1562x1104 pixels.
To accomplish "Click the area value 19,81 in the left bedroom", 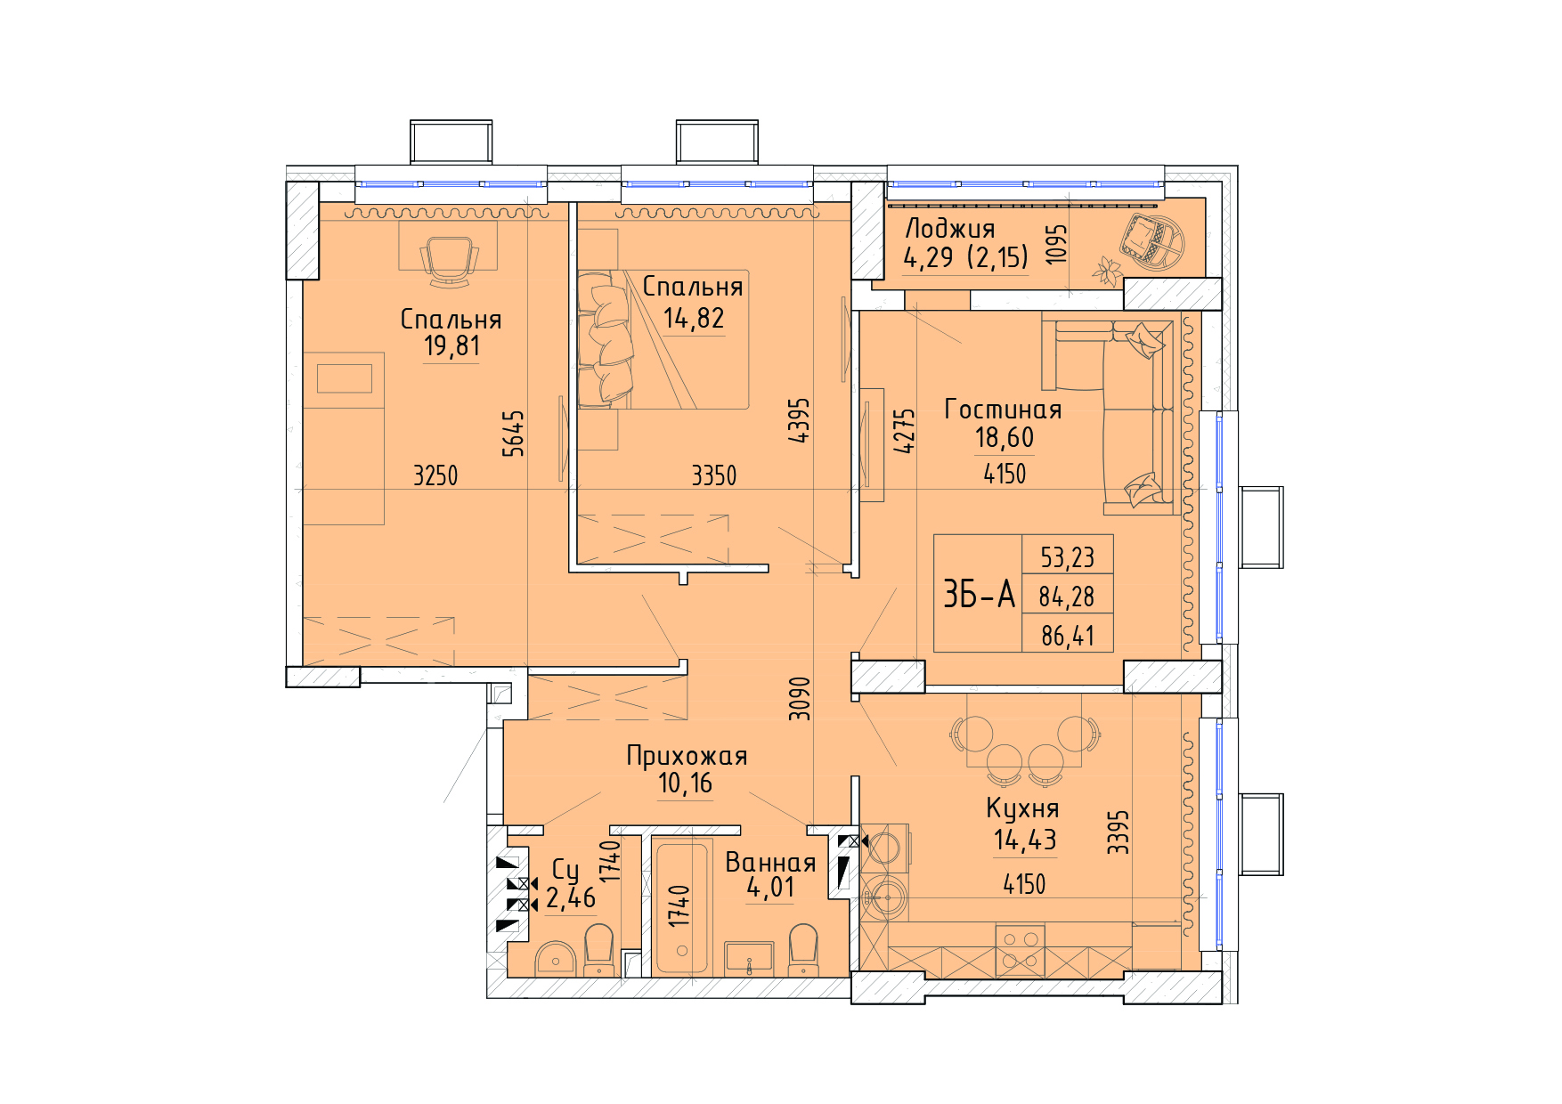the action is pos(452,345).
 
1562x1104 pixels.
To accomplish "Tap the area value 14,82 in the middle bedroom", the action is pos(694,318).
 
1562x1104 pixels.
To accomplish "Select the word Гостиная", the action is pos(1003,410).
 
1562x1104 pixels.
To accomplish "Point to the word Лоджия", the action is pos(949,229).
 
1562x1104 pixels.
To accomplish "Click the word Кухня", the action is pos(1022,808).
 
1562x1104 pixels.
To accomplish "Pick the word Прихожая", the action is pos(687,756).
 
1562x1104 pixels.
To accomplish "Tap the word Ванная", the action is pos(770,862).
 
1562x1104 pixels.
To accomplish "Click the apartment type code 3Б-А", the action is pos(979,594).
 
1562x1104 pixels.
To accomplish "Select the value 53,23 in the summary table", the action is pos(1068,557).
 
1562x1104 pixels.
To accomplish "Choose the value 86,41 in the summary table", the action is pos(1068,636).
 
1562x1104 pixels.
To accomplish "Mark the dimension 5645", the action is pos(514,434).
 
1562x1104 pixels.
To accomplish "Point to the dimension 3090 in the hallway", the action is pos(801,699).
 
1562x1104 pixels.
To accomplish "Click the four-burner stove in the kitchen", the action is pos(1020,949).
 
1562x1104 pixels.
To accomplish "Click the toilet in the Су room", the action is pos(598,950).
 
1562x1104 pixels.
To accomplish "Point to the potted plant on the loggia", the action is pos(1108,271).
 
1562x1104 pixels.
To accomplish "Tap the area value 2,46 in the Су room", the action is pos(571,897).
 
